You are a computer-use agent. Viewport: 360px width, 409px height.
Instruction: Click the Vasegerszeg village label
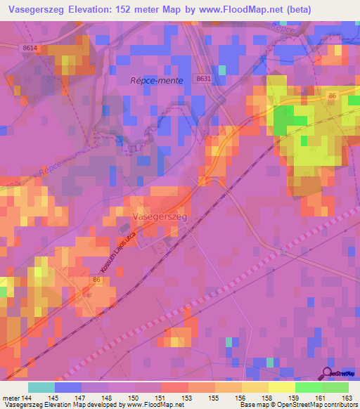pos(160,218)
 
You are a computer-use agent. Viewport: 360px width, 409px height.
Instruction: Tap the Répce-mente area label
pos(156,81)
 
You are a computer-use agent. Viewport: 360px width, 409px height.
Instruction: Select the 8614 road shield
pos(29,46)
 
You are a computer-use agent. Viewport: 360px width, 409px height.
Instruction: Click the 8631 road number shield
pos(203,79)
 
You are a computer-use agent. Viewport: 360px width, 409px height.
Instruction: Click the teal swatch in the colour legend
pos(41,387)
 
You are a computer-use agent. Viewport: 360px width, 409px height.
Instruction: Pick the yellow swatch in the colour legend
pos(282,387)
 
